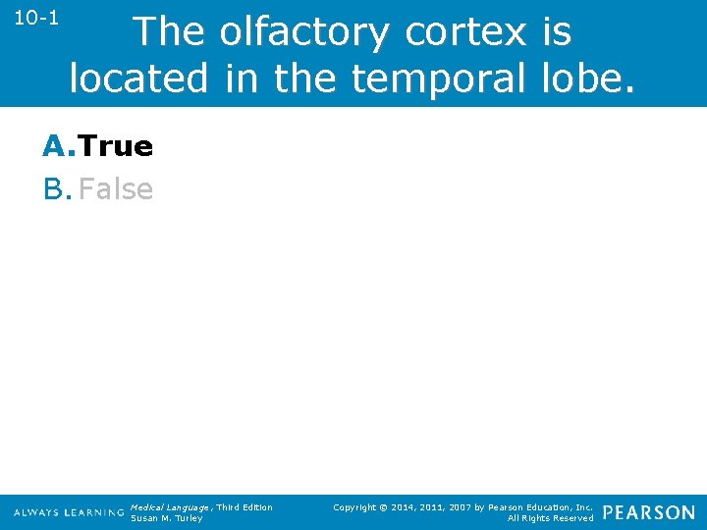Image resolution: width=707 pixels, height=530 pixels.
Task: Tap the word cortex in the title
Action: click(464, 33)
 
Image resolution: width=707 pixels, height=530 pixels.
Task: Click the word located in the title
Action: click(138, 78)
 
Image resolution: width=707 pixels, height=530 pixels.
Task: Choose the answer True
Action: click(116, 146)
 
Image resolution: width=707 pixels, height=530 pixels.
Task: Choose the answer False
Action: click(116, 189)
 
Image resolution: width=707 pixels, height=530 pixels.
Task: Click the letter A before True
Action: click(56, 146)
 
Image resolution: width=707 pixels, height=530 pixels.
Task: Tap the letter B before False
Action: click(55, 189)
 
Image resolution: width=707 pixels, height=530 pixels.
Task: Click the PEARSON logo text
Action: click(648, 512)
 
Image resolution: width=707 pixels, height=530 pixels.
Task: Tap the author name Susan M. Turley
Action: click(166, 518)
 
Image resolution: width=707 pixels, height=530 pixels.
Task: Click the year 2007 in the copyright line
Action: click(465, 507)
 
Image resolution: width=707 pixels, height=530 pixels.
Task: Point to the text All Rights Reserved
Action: click(550, 518)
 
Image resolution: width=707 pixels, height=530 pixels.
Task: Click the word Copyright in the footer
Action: click(355, 507)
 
